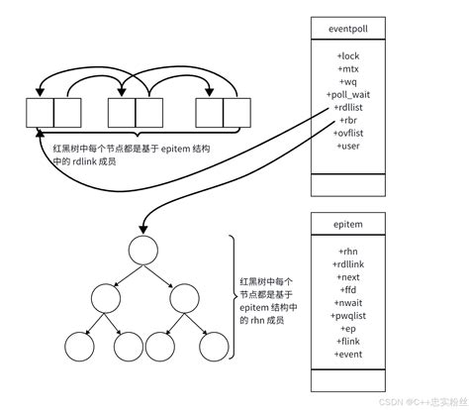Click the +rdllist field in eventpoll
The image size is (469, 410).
point(352,107)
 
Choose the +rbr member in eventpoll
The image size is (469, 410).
point(352,119)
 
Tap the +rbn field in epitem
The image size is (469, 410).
point(352,253)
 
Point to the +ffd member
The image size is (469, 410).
point(352,290)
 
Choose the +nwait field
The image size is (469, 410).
point(352,302)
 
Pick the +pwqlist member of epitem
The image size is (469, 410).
point(352,315)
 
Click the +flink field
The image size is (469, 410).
point(352,341)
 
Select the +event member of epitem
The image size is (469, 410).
point(352,354)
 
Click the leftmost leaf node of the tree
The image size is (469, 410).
point(76,346)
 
